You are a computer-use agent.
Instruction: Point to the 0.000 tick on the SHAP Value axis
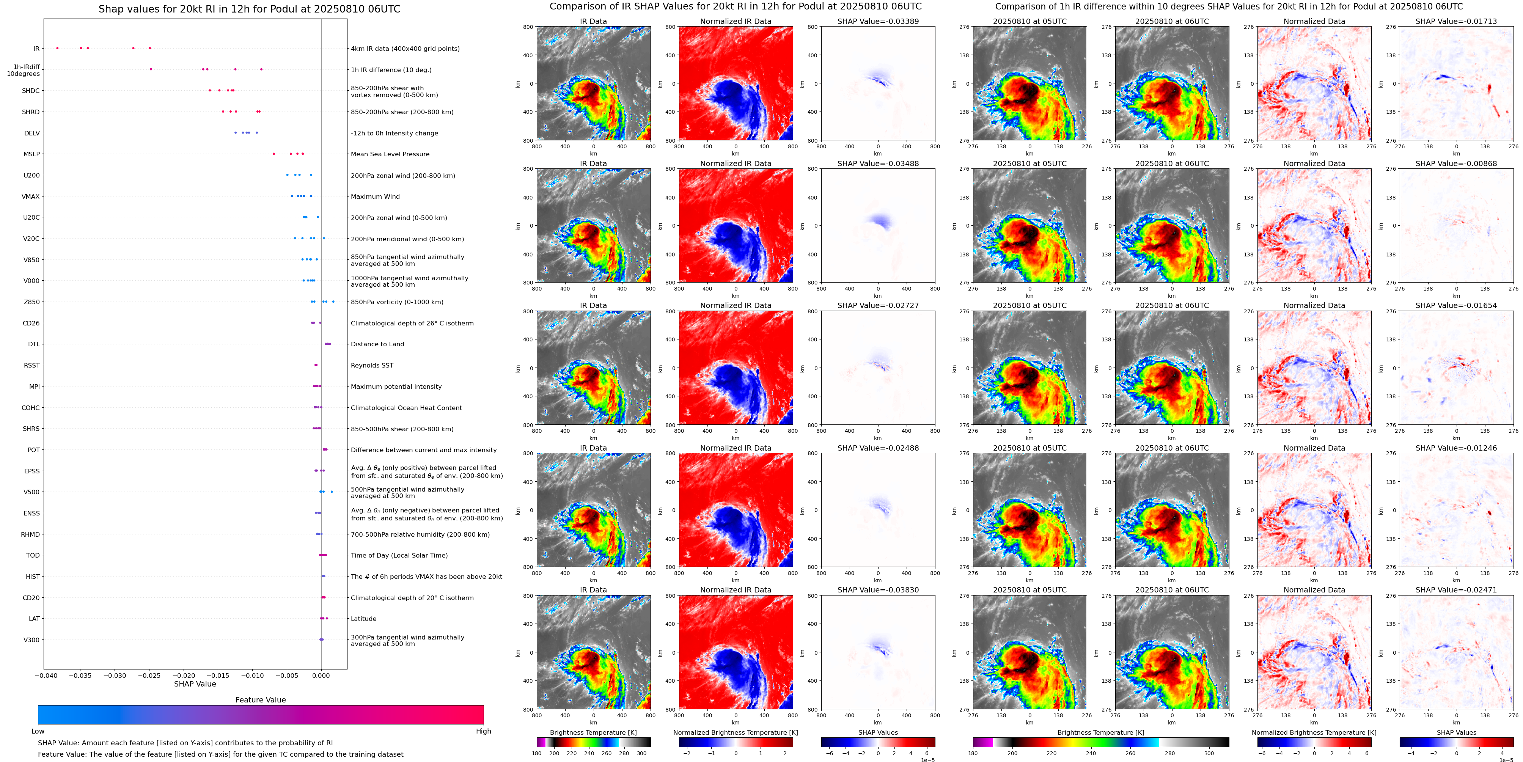point(321,675)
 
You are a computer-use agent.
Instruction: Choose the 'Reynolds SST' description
point(372,365)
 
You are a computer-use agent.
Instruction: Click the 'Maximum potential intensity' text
point(396,386)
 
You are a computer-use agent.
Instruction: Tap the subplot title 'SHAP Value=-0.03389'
point(878,21)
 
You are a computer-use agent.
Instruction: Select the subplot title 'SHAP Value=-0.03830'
point(878,590)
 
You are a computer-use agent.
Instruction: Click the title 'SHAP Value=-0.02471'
point(1456,590)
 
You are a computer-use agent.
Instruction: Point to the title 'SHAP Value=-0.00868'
point(1456,164)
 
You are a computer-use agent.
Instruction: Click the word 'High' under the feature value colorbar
point(484,731)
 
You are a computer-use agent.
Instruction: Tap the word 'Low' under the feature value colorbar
point(38,731)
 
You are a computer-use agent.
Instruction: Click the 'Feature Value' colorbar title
point(261,700)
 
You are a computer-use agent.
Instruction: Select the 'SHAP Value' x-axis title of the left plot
point(195,684)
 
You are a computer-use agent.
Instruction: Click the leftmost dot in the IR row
point(57,48)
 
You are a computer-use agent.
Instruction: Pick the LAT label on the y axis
point(34,619)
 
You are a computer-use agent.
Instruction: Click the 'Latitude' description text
point(364,619)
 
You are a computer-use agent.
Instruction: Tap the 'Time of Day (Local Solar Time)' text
point(399,556)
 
